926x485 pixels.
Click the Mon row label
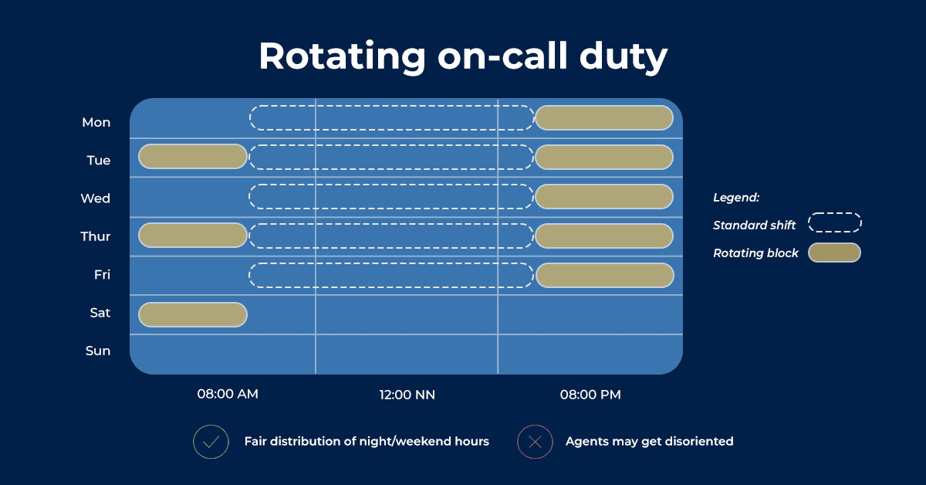[x=96, y=122]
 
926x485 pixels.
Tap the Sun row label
[x=98, y=351]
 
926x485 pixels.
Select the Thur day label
[x=96, y=236]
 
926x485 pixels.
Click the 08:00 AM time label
[x=228, y=394]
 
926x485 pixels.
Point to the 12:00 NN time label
[x=407, y=395]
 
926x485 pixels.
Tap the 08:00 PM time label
[x=590, y=395]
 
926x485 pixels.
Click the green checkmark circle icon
[x=211, y=442]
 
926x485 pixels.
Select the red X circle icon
[x=535, y=442]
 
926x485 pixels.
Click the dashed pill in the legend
[x=834, y=223]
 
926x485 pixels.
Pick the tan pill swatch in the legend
[x=834, y=253]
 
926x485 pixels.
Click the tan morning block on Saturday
[x=193, y=314]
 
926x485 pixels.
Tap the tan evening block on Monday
[x=603, y=118]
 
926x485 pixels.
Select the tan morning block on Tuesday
[x=193, y=156]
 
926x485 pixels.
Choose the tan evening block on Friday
[x=603, y=275]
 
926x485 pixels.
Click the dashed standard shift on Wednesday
[x=391, y=196]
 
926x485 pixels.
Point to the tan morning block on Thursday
[x=193, y=235]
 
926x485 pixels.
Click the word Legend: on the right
[x=736, y=198]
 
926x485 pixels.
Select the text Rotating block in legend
[x=755, y=253]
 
